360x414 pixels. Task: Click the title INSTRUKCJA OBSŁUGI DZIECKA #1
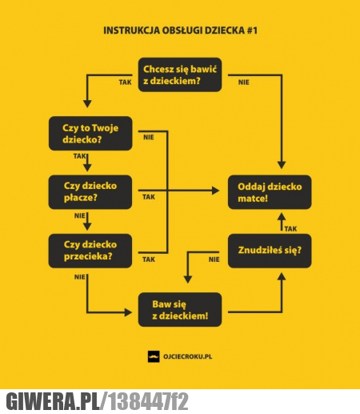pos(180,30)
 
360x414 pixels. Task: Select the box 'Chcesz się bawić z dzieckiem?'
pos(180,74)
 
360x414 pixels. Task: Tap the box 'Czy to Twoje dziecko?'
pos(90,134)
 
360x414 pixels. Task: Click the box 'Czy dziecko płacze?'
pos(90,192)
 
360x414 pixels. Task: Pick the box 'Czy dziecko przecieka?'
pos(90,251)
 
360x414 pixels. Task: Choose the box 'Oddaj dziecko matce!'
pos(270,192)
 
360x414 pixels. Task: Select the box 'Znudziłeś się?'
pos(270,251)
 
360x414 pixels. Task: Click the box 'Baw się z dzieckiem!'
pos(180,310)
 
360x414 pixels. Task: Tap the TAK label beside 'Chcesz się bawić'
pos(125,82)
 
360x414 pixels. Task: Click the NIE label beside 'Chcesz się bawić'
pos(243,82)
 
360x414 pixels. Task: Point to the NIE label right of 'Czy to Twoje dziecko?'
pos(149,137)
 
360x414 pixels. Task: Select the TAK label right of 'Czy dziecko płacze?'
pos(149,197)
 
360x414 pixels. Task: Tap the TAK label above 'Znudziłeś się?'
pos(290,229)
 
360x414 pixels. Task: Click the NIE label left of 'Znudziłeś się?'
pos(214,259)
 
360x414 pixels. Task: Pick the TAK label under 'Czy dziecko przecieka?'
pos(149,259)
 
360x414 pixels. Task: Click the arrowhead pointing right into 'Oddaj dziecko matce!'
pos(215,191)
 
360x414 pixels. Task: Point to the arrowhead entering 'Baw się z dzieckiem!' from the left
pos(128,312)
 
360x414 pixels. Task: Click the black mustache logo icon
pos(154,356)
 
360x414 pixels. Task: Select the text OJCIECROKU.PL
pos(188,356)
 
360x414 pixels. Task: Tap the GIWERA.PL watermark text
pos(53,401)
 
